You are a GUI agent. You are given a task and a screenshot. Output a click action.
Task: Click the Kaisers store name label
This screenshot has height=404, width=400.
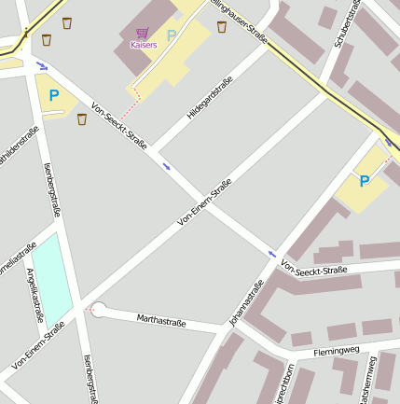(144, 44)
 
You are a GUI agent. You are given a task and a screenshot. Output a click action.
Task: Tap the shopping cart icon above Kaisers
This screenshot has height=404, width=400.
(143, 33)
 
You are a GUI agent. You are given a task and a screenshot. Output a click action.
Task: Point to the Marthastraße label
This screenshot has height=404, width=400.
(161, 323)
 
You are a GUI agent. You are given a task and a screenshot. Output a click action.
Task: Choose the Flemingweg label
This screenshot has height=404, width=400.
(336, 350)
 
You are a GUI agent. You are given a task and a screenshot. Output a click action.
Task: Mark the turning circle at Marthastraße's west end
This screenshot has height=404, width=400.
(98, 310)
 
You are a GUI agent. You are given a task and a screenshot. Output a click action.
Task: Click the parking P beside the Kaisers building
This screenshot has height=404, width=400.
(171, 35)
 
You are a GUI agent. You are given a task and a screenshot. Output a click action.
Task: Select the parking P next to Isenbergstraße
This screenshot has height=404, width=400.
(53, 95)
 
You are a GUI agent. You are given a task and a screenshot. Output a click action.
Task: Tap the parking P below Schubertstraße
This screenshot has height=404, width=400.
(365, 181)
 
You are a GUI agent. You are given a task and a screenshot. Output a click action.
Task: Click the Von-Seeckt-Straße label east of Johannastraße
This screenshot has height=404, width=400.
(313, 271)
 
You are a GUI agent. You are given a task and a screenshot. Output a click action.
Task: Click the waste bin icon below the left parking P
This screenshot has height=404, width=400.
(81, 119)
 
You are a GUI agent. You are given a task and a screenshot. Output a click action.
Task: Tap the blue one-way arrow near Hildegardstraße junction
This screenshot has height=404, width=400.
(167, 166)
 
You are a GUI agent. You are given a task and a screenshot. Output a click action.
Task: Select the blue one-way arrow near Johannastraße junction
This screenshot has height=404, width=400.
(271, 253)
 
